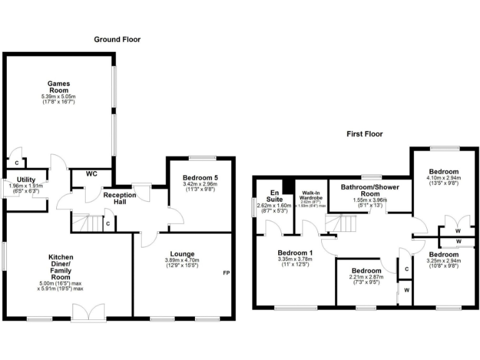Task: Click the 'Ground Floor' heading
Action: (x=117, y=39)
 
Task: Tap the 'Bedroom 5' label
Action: (x=200, y=177)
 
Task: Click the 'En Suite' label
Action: (x=273, y=196)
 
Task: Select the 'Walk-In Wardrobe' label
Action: (x=312, y=196)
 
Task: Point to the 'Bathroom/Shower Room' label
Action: (x=370, y=190)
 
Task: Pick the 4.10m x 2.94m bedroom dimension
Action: (x=444, y=177)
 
